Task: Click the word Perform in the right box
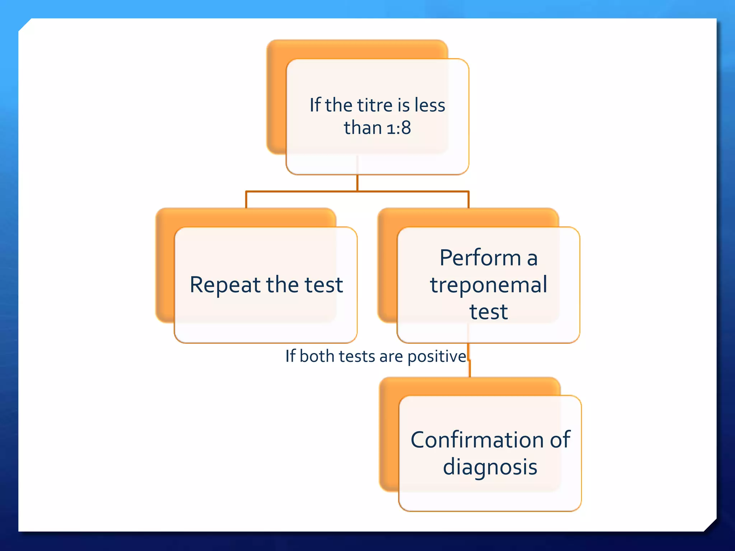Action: point(480,258)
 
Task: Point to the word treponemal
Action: point(488,285)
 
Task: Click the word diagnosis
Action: point(490,467)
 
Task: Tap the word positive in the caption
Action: point(437,357)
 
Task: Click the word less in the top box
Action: point(430,105)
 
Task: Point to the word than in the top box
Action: point(362,128)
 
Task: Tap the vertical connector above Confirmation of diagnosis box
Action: point(470,369)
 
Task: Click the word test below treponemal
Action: point(488,312)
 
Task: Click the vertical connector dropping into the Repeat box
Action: point(246,200)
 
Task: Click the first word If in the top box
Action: point(315,105)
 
